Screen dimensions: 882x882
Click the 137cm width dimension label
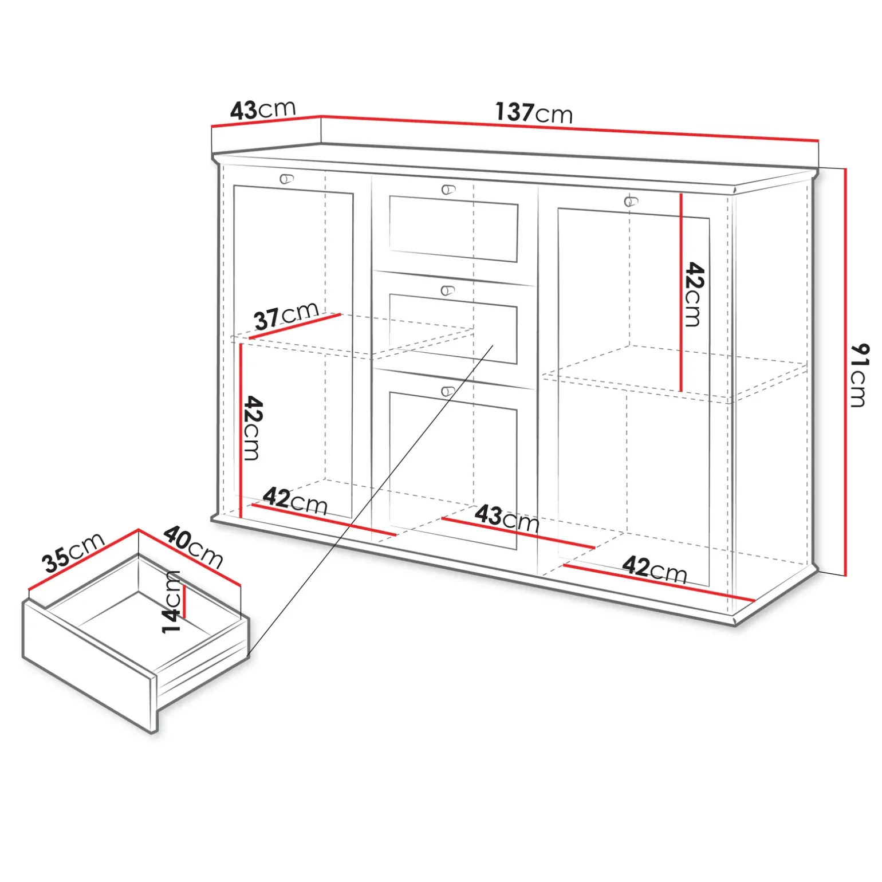[x=534, y=113]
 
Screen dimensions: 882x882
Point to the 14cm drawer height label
[x=171, y=601]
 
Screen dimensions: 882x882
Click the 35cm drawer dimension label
[x=74, y=552]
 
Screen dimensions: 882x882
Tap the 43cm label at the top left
[x=263, y=109]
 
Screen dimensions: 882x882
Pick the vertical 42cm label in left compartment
[x=252, y=428]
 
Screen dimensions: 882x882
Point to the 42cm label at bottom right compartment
[x=655, y=569]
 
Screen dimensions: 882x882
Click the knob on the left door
[x=286, y=179]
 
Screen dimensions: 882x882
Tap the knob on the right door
[x=631, y=201]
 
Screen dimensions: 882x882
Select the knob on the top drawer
[x=448, y=190]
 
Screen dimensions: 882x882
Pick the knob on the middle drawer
[x=447, y=290]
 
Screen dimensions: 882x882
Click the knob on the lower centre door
[x=448, y=392]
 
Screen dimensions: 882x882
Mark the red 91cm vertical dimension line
[x=845, y=372]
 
